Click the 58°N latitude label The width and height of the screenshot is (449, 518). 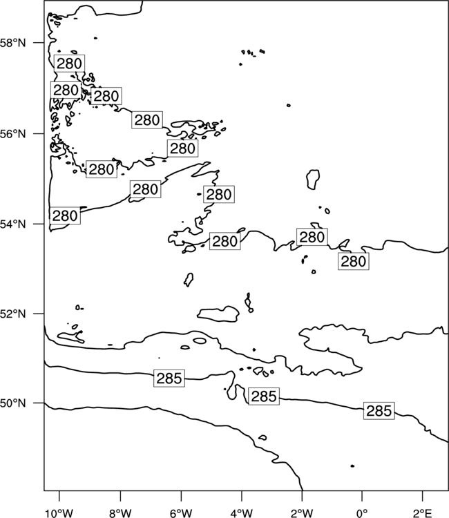pos(13,43)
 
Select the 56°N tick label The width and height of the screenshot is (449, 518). pos(13,134)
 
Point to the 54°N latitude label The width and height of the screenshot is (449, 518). pos(13,224)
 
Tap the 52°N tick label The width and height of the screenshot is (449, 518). pos(13,314)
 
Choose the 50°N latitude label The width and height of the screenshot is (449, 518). pos(13,403)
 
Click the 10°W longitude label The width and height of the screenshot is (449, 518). pos(59,513)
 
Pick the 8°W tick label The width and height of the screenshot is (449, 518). pos(120,513)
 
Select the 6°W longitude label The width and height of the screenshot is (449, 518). pos(181,513)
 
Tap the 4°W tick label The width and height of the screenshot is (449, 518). pos(242,513)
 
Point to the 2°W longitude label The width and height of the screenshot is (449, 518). pos(302,513)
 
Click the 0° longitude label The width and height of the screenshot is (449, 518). pos(363,513)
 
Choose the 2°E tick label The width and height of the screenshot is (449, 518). pos(423,513)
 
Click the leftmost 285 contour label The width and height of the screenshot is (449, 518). pos(169,378)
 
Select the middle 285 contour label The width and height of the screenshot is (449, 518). pos(264,396)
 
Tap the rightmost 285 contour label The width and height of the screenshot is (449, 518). pos(379,411)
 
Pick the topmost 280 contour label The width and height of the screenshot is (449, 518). pos(69,64)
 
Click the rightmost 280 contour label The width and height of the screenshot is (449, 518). pos(354,261)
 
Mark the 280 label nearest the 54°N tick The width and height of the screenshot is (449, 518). pos(65,215)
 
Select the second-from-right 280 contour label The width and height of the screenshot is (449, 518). pos(312,237)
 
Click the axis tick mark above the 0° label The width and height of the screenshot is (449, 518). pos(363,495)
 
